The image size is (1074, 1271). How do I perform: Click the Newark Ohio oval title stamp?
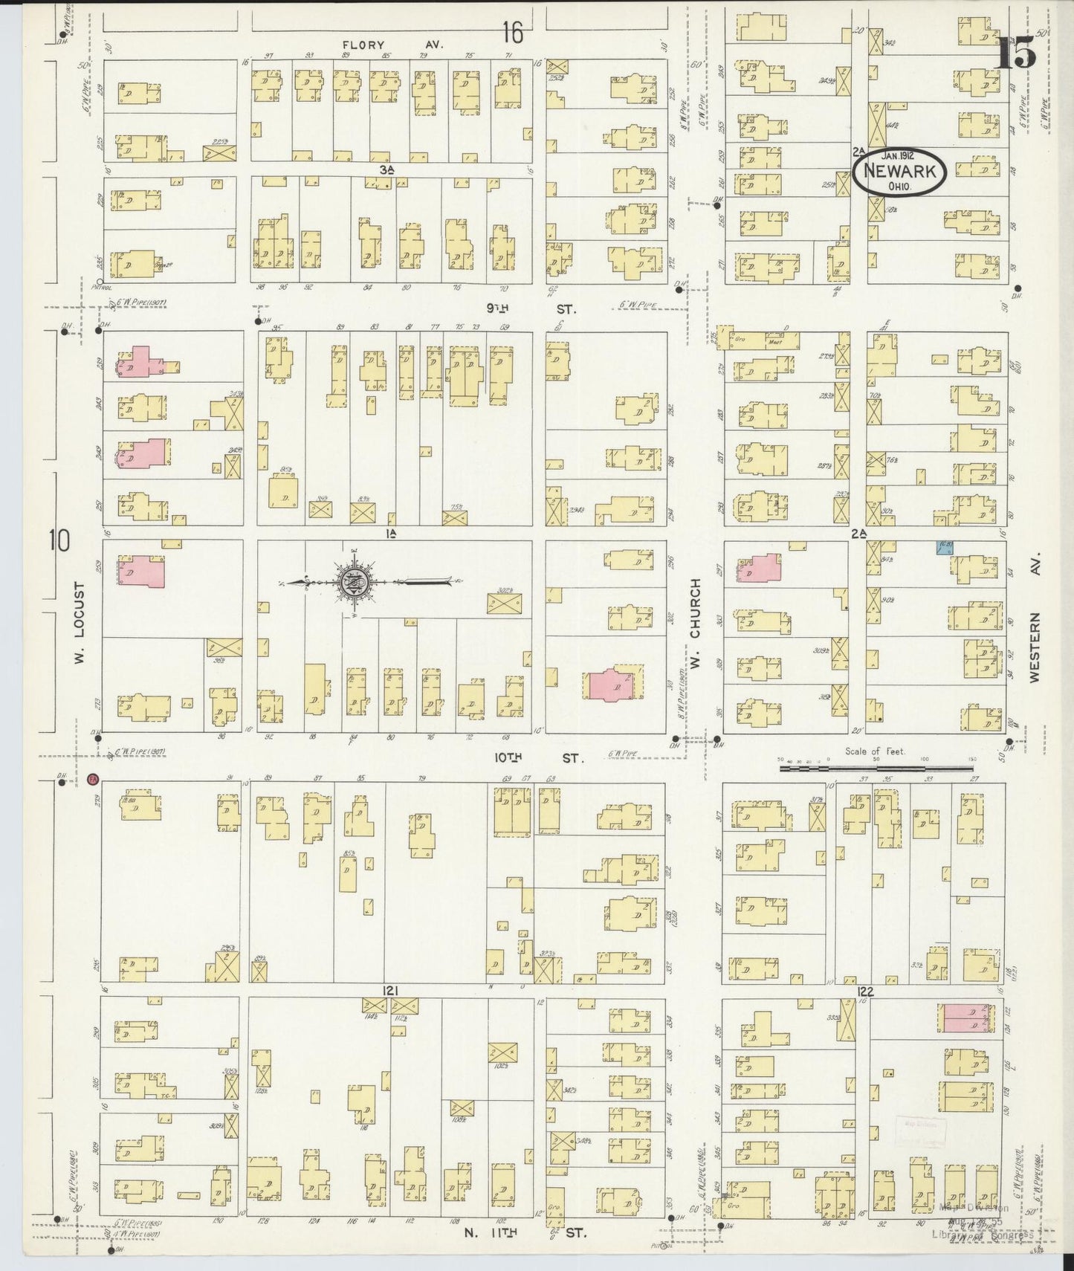[899, 171]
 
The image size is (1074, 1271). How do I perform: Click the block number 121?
[391, 990]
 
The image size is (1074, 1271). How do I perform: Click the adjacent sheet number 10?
[59, 540]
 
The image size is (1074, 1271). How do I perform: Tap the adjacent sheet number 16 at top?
[511, 32]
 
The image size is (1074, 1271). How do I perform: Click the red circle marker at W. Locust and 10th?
[93, 779]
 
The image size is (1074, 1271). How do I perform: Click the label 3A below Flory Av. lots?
[385, 169]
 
